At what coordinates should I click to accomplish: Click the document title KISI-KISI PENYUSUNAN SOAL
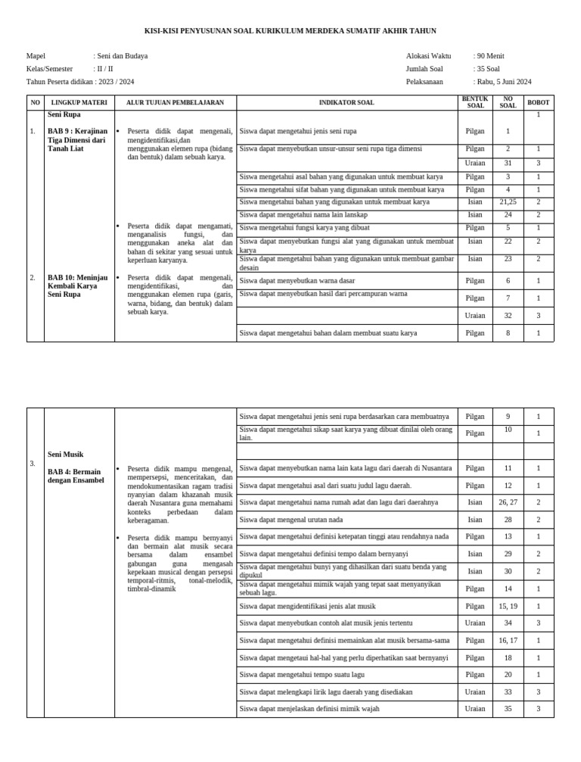click(290, 30)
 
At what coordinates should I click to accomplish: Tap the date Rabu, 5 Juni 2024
click(504, 82)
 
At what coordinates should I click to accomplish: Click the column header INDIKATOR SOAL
click(346, 102)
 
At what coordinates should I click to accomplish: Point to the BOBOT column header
click(539, 102)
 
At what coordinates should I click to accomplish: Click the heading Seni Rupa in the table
click(64, 114)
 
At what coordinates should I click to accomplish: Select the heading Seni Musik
click(65, 454)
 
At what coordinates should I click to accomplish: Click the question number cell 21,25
click(508, 202)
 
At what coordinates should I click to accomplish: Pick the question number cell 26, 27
click(508, 502)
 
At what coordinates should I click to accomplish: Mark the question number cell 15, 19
click(508, 606)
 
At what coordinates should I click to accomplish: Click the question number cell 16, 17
click(508, 640)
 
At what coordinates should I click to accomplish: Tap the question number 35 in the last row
click(508, 709)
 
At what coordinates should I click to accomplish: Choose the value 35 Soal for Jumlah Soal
click(489, 69)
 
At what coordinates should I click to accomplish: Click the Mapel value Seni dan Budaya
click(122, 56)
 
